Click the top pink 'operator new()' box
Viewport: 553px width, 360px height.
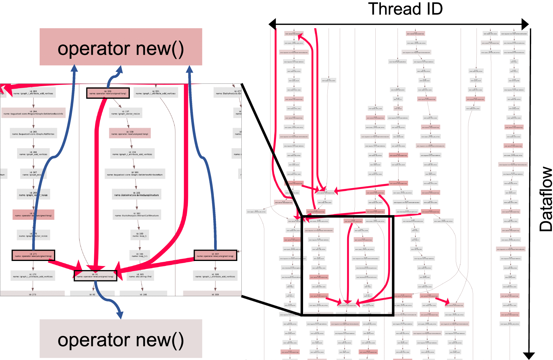click(x=121, y=47)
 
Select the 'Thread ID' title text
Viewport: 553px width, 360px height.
click(x=405, y=9)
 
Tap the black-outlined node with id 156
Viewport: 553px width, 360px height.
click(x=108, y=93)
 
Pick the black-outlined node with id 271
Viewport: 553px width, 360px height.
click(x=33, y=255)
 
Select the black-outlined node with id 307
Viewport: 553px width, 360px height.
click(x=215, y=255)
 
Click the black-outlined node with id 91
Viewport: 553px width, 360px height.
click(x=95, y=276)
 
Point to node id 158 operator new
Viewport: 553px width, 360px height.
click(x=130, y=133)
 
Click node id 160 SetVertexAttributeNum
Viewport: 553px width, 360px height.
click(x=135, y=174)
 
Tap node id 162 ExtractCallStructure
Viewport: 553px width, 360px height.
click(x=137, y=215)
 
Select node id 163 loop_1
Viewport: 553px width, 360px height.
click(x=139, y=235)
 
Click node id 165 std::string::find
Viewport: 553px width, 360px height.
click(x=140, y=276)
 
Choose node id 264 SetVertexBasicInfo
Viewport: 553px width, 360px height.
click(x=33, y=113)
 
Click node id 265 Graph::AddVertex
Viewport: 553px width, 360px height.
click(x=33, y=133)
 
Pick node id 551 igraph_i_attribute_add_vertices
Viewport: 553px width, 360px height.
click(x=156, y=93)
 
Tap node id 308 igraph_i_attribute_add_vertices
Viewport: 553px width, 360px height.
click(x=215, y=276)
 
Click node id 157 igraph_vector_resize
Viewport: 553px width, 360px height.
click(x=126, y=113)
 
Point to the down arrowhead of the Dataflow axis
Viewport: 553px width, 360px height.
click(x=529, y=356)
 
